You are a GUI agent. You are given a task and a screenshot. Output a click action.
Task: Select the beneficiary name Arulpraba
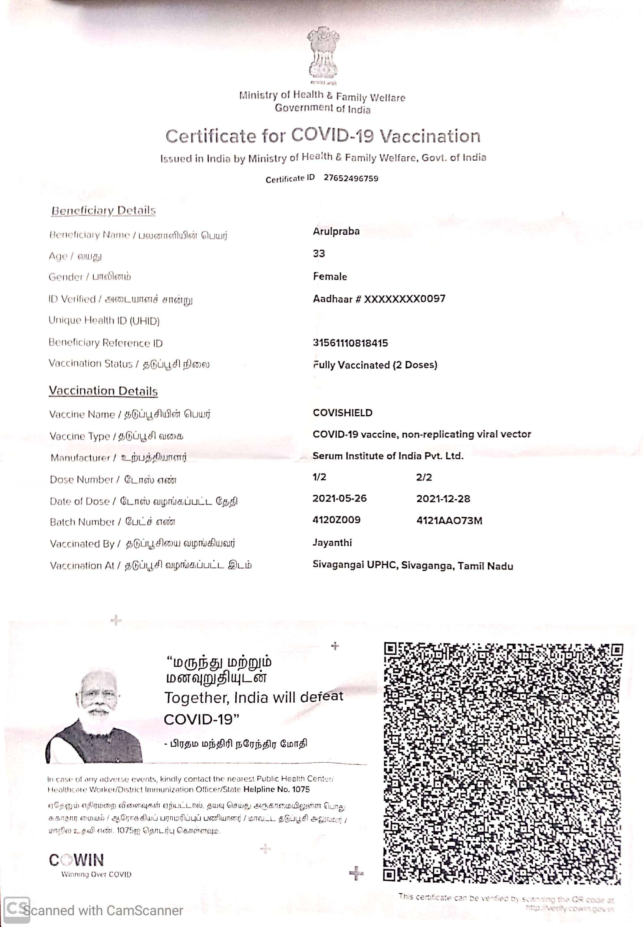pos(336,231)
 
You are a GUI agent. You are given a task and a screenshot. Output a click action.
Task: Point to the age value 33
pos(319,253)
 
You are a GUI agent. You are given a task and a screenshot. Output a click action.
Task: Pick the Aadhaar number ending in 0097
pos(379,299)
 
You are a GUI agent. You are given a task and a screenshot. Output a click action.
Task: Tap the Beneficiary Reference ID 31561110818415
pos(350,343)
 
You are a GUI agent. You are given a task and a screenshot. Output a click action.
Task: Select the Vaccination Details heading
pos(103,391)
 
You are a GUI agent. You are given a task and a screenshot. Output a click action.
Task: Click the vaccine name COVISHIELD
pos(342,413)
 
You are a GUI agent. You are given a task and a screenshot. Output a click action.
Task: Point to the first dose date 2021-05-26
pos(339,498)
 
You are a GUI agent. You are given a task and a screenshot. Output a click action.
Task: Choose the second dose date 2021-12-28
pos(443,499)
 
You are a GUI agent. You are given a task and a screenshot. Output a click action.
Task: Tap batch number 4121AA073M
pos(449,520)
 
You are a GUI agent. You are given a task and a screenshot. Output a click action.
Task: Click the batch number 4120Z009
pos(336,520)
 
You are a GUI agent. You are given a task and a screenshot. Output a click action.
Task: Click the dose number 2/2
pos(424,477)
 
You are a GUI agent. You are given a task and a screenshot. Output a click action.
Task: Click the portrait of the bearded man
pos(97,716)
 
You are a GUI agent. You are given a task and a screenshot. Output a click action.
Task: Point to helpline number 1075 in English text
pos(301,789)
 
